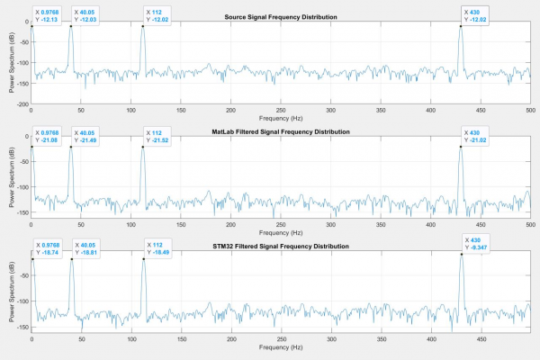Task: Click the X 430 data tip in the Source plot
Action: tap(474, 15)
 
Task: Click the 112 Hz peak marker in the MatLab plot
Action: tap(143, 147)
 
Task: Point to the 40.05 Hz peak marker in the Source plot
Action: tap(71, 26)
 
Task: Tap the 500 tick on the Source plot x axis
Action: tap(530, 110)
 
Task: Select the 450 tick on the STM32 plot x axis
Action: tap(481, 339)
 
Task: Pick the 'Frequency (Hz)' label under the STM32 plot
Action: tap(281, 347)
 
